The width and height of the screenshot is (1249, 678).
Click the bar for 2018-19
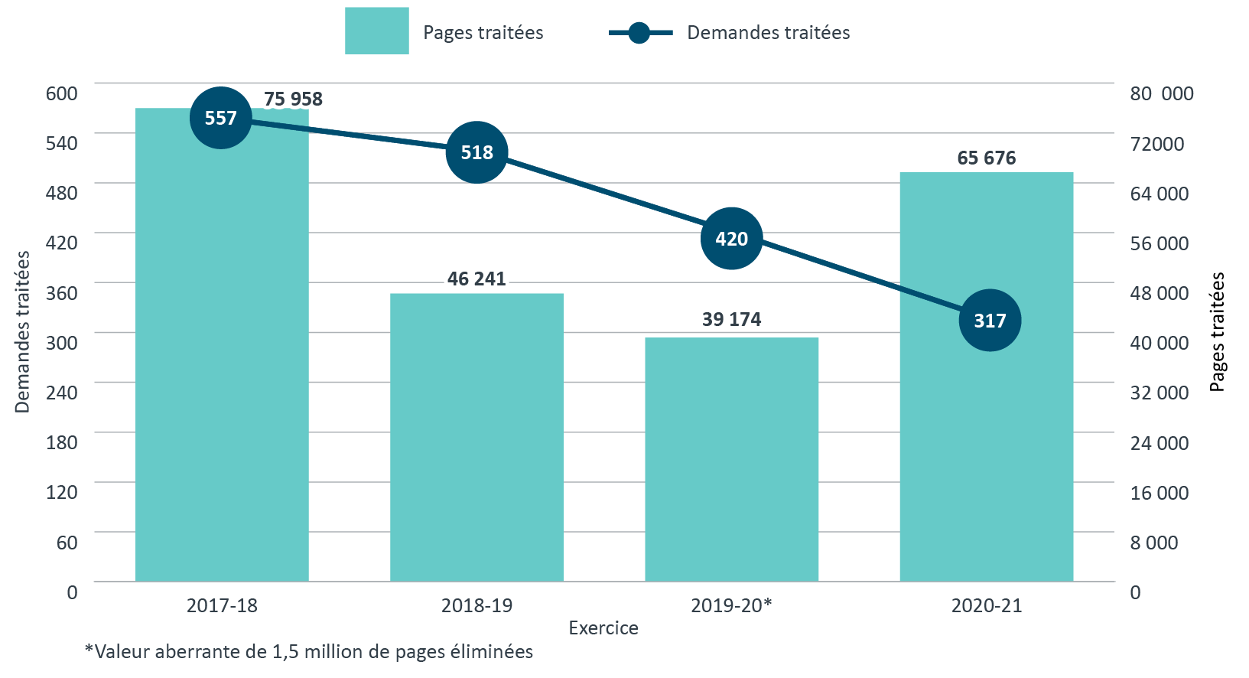point(477,436)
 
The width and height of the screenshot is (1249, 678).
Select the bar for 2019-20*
point(731,459)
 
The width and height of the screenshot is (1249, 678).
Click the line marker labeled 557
point(221,118)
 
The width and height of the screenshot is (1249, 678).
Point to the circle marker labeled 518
point(477,152)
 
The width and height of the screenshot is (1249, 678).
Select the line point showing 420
point(731,239)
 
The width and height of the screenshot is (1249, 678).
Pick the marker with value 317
point(990,320)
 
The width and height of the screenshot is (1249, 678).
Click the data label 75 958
point(293,99)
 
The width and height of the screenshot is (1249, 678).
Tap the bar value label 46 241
point(477,279)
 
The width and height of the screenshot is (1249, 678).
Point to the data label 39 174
point(731,319)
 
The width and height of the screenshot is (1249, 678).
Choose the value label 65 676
point(986,158)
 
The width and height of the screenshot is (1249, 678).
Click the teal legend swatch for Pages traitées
point(376,31)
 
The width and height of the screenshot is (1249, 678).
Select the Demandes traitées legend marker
point(639,33)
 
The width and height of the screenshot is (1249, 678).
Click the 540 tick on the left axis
point(62,143)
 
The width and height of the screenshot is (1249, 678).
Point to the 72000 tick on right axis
point(1156,144)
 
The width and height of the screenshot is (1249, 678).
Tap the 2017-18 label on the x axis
point(222,605)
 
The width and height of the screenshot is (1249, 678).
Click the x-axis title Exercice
point(603,628)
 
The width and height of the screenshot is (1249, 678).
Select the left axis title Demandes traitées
point(22,332)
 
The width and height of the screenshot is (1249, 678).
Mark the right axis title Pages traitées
point(1217,332)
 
